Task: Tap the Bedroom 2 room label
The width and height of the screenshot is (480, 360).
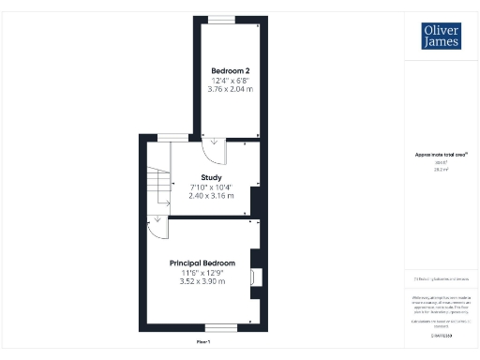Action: pyautogui.click(x=229, y=71)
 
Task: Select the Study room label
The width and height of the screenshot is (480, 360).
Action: pyautogui.click(x=211, y=176)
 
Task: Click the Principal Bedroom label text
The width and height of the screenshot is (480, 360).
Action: pyautogui.click(x=202, y=262)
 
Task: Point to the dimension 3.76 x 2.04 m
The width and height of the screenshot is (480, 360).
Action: pyautogui.click(x=229, y=91)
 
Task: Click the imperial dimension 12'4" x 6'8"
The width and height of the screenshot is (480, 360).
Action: pyautogui.click(x=229, y=82)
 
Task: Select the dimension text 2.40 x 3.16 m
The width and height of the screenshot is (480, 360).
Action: pyautogui.click(x=211, y=196)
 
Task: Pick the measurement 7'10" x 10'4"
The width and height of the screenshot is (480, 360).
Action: pyautogui.click(x=211, y=187)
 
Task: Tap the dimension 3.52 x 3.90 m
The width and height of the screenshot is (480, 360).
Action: pyautogui.click(x=202, y=282)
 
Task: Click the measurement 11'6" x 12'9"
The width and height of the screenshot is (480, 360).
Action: pyautogui.click(x=202, y=273)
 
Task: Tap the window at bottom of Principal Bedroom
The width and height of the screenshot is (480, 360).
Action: pyautogui.click(x=221, y=328)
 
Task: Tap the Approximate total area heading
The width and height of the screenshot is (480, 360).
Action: pyautogui.click(x=442, y=155)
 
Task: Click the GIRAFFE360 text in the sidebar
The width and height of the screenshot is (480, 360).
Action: pyautogui.click(x=442, y=335)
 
